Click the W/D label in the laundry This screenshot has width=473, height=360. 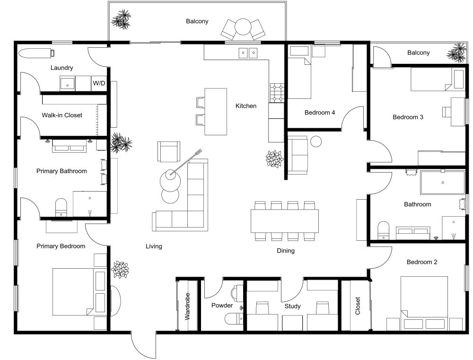coord(99,83)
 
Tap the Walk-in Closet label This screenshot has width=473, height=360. coord(62,115)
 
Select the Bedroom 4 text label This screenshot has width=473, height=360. coord(320,113)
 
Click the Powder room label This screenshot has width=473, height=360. coord(222,306)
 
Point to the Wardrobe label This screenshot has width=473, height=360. coord(187,306)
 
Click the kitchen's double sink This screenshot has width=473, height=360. coord(248,53)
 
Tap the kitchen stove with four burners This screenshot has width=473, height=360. coord(277,93)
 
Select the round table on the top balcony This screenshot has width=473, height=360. coord(243,27)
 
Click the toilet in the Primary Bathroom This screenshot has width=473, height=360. coord(61,207)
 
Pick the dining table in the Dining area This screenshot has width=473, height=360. coord(284,221)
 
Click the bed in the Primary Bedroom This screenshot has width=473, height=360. coord(79,291)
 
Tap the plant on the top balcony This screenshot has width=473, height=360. coord(121,19)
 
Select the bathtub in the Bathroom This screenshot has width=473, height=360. coord(443,183)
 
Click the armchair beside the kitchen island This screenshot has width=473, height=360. coord(169,151)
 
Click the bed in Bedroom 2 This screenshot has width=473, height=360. coord(424,302)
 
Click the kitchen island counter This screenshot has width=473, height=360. coord(216,112)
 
